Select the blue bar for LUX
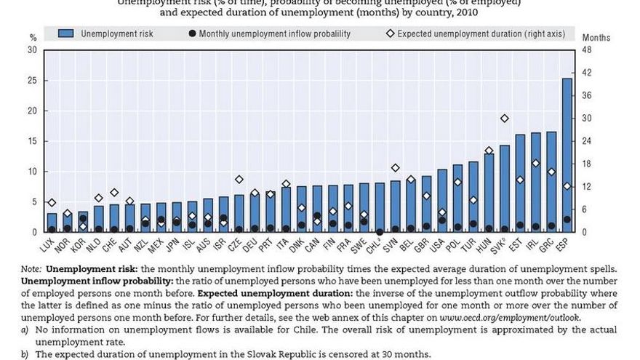click(52, 223)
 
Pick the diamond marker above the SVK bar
click(505, 119)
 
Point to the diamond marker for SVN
click(395, 168)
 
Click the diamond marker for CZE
click(239, 179)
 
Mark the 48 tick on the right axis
click(587, 49)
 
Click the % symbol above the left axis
click(33, 37)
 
